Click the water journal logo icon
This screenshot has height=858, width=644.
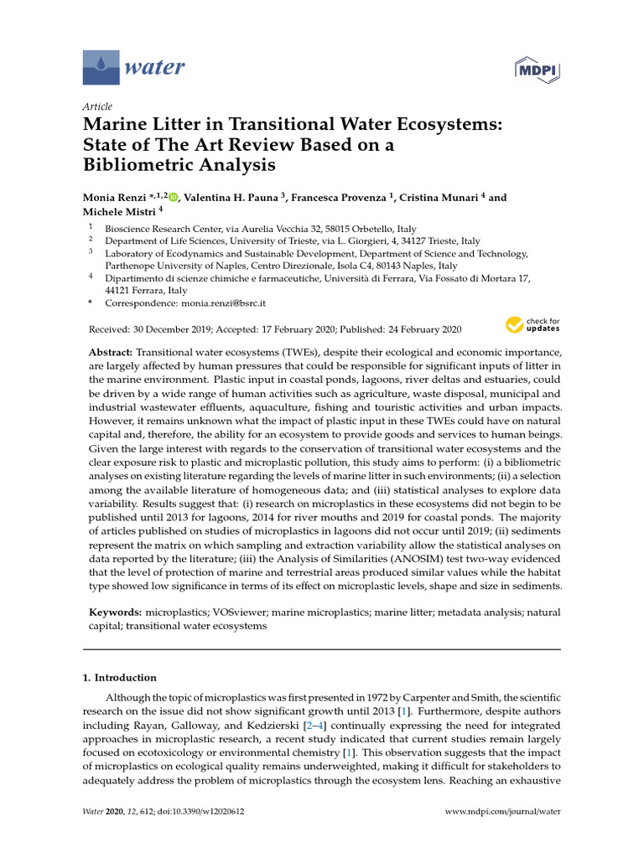click(101, 66)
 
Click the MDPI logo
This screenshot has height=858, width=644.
click(538, 68)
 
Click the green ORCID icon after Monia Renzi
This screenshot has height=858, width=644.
click(174, 198)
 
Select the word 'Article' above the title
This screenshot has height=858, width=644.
click(97, 106)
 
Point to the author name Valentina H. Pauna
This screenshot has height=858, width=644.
click(230, 198)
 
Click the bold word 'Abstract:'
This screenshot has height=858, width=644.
click(111, 353)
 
